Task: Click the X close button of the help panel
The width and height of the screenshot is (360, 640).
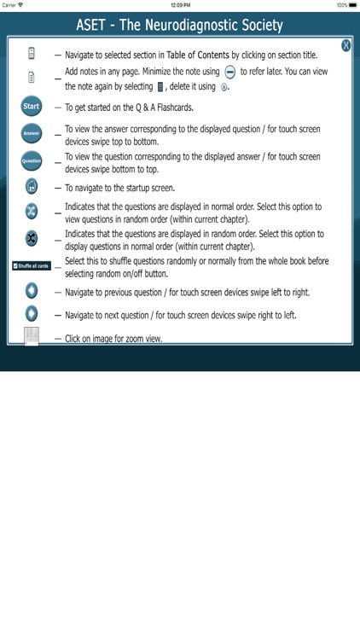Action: coord(345,45)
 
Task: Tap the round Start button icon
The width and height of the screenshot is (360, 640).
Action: coord(31,107)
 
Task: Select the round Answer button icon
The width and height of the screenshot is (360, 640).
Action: coord(31,133)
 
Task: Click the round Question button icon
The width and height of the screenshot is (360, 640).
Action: coord(31,160)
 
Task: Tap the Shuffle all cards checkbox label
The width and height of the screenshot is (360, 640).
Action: coord(32,265)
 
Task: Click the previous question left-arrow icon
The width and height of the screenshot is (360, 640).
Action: coord(32,292)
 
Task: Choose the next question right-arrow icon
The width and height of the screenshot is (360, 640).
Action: coord(32,314)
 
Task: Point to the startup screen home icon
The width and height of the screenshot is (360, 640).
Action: coord(32,187)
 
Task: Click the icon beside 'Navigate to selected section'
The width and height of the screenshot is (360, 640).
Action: coord(32,55)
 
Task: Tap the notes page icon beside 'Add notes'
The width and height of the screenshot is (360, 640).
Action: coord(32,77)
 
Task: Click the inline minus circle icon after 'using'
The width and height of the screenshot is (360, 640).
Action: coord(229,72)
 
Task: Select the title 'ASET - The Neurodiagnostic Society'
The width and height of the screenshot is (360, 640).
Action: coord(179,26)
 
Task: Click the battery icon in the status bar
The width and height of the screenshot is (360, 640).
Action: coord(352,5)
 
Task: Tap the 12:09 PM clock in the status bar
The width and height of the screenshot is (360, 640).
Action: coord(179,5)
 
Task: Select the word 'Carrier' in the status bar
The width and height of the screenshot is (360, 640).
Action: coord(9,5)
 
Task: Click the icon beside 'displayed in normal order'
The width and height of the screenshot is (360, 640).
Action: coord(32,212)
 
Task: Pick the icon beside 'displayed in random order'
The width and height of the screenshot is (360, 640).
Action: coord(32,238)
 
